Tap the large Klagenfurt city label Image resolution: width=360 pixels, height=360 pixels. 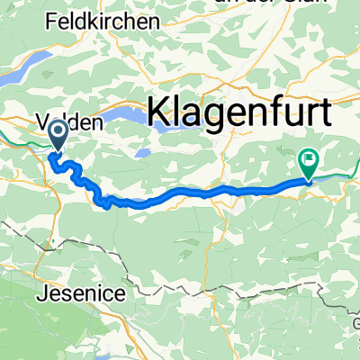click(x=239, y=112)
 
